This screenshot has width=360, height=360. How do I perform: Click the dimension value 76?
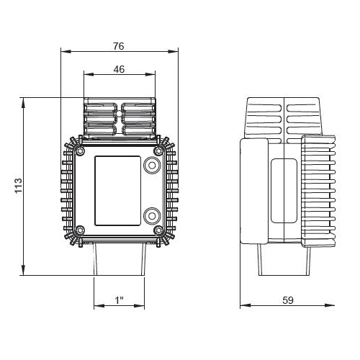119,46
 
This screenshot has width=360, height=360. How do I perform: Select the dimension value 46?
119,69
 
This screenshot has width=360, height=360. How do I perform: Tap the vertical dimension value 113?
18,186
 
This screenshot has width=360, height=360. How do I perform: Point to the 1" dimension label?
120,300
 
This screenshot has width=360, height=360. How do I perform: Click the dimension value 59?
288,300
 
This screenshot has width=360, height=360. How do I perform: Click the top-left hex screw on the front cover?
80,151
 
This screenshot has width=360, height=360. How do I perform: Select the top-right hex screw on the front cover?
158,151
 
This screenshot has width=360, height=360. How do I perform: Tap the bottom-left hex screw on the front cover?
80,230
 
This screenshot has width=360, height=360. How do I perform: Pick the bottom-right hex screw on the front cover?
158,230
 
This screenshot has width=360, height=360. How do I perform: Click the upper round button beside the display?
152,165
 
